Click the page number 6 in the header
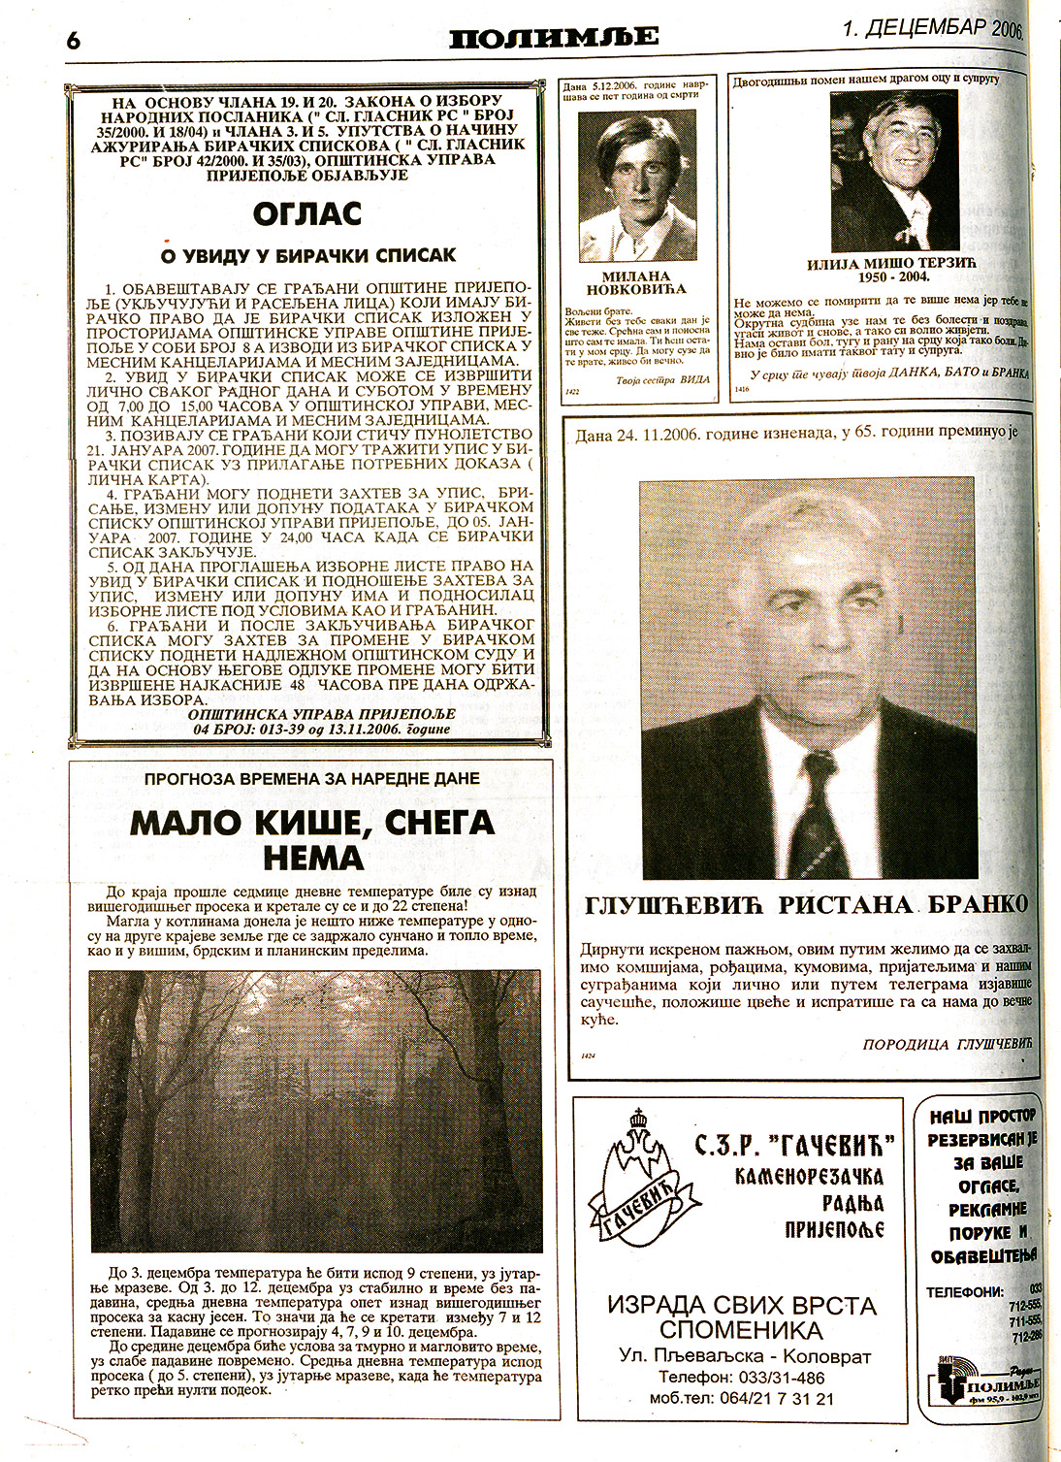click(73, 40)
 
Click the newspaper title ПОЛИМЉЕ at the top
click(554, 38)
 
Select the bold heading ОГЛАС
click(307, 213)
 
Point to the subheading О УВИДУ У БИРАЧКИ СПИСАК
click(307, 256)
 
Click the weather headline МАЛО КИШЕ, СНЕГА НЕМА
click(312, 840)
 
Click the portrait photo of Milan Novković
click(637, 186)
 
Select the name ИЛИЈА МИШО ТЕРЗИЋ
click(892, 263)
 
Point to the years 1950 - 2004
click(893, 276)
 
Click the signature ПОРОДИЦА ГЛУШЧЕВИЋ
click(948, 1044)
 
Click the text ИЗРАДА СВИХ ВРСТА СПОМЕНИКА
click(742, 1316)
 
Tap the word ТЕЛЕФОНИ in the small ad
click(964, 1292)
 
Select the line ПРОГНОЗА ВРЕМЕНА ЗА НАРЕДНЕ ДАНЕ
click(312, 779)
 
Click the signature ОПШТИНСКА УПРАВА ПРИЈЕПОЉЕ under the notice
click(321, 714)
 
